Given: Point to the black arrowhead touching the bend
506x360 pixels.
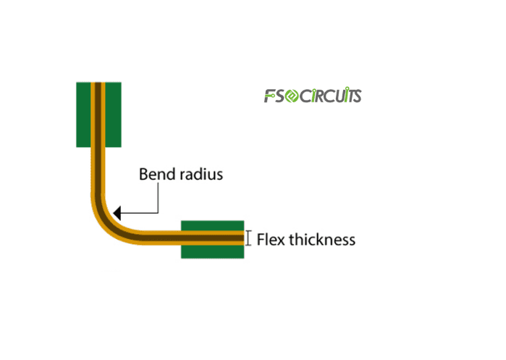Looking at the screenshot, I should [x=118, y=213].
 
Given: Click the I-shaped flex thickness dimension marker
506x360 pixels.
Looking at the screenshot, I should [x=248, y=238].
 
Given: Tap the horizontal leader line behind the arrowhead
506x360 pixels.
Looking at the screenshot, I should [x=140, y=213].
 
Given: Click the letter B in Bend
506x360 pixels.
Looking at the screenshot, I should [x=143, y=175].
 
